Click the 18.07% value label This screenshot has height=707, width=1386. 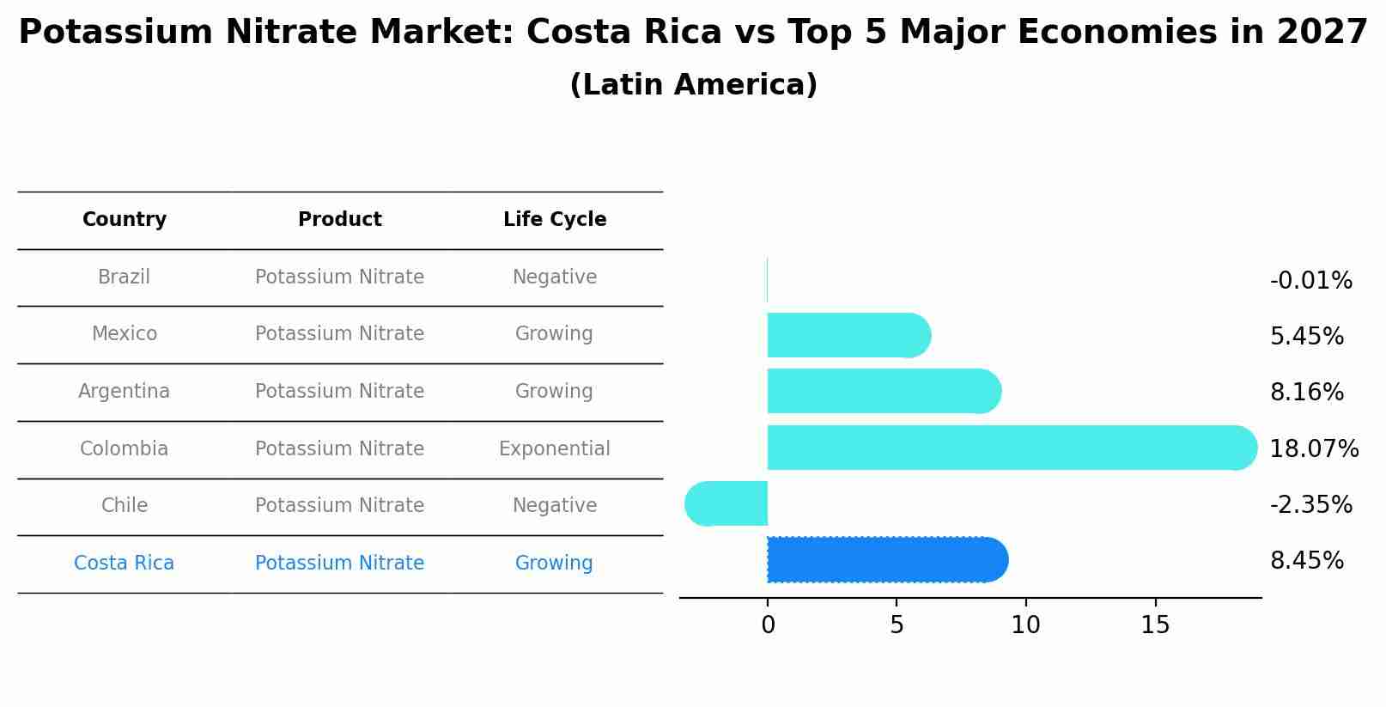(1313, 449)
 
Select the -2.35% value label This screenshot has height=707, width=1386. (1310, 505)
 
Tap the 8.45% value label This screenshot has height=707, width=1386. (1306, 561)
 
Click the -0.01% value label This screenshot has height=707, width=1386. (1310, 281)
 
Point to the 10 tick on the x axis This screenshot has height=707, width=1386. (1025, 625)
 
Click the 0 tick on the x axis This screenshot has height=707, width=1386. (768, 625)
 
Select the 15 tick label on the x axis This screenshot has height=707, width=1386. (1155, 625)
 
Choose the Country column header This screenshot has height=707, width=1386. (125, 220)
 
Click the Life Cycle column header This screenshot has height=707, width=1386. (555, 220)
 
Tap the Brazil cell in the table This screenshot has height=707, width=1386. (124, 277)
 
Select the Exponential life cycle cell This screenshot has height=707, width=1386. (554, 449)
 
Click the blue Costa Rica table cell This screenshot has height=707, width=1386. (124, 564)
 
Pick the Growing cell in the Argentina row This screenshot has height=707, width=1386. (554, 392)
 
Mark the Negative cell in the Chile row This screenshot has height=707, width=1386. (554, 506)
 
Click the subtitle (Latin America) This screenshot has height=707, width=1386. (693, 85)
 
